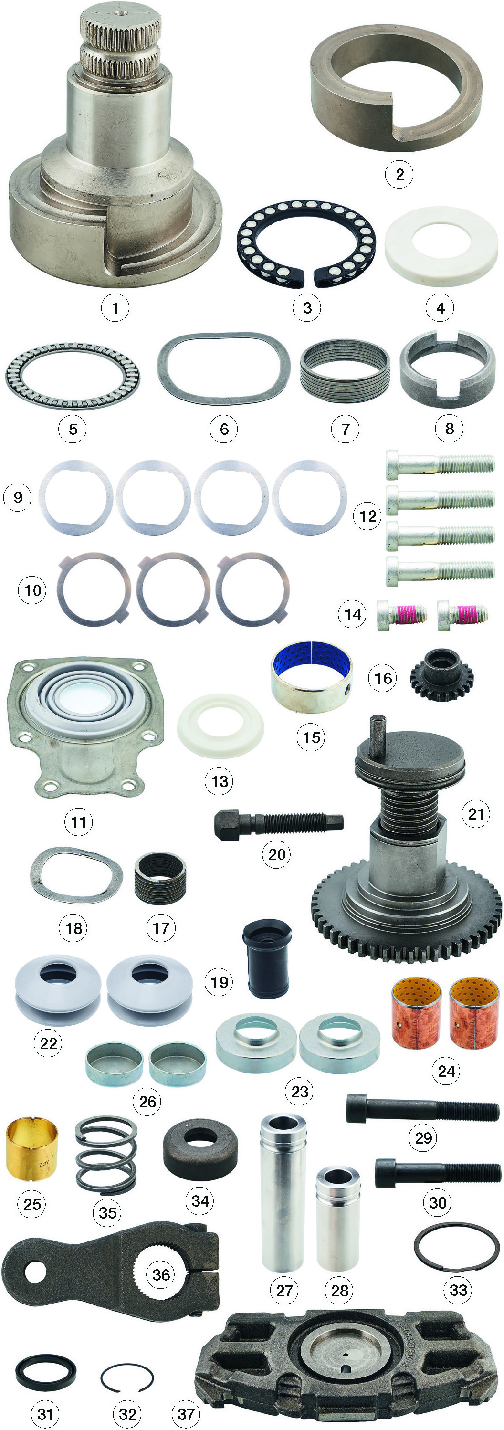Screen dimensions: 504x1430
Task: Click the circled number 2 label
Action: click(x=399, y=174)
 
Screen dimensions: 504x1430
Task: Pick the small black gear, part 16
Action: click(x=442, y=675)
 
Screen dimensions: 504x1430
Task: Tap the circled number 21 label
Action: click(x=476, y=814)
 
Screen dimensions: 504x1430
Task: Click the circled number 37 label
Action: click(x=186, y=1413)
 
